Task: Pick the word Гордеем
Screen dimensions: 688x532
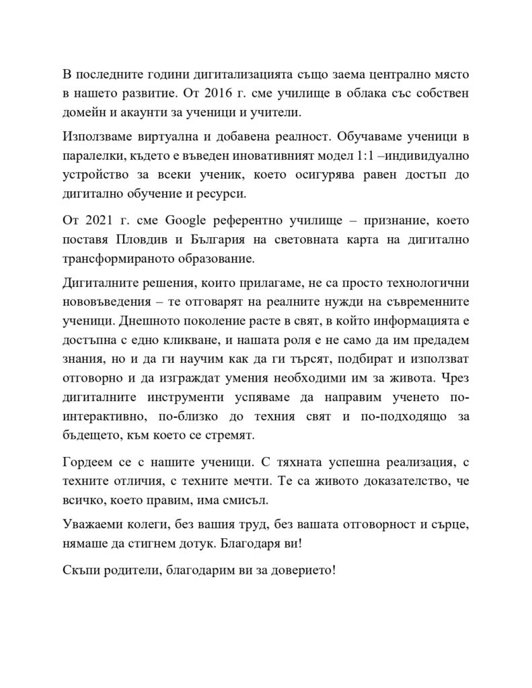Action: pyautogui.click(x=87, y=464)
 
